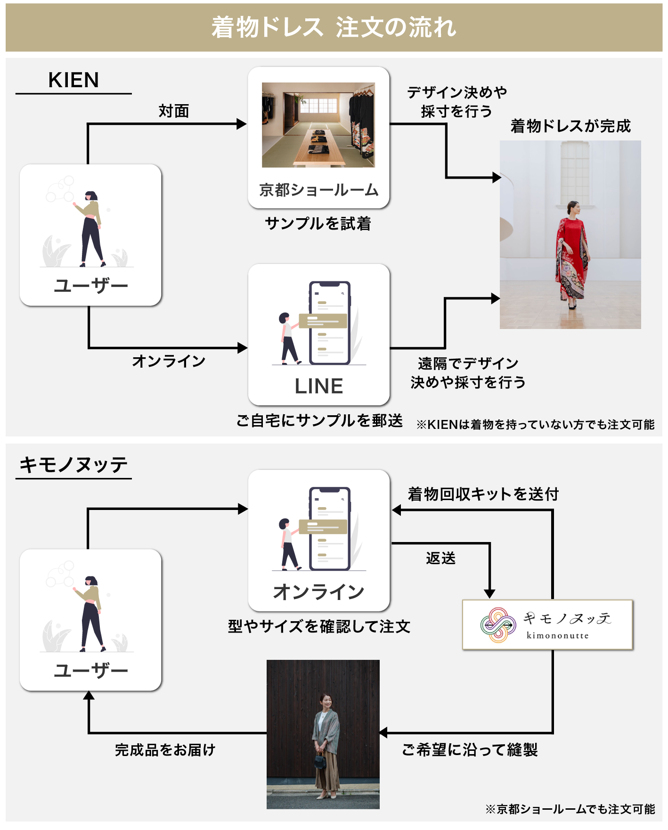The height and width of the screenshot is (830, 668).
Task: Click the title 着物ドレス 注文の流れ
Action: (x=334, y=27)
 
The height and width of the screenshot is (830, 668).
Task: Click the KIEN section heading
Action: (x=73, y=80)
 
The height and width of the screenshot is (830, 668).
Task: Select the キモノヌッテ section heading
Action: (x=73, y=465)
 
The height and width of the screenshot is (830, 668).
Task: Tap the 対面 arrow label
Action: (x=174, y=111)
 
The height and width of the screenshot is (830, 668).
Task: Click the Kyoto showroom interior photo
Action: (x=318, y=125)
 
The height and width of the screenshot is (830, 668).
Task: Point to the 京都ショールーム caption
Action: (x=318, y=190)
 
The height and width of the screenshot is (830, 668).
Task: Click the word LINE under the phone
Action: (x=319, y=386)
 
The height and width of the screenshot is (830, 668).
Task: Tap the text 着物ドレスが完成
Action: (x=570, y=126)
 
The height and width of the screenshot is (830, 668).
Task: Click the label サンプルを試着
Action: (x=318, y=223)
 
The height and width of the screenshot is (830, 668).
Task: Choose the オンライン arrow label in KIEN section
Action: (x=169, y=361)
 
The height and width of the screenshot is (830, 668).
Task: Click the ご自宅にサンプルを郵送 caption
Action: (x=319, y=420)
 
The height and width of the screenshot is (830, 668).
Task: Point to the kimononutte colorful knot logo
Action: (x=497, y=625)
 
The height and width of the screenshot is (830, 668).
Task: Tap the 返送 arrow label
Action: (x=440, y=559)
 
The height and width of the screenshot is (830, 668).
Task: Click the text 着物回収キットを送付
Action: (x=483, y=494)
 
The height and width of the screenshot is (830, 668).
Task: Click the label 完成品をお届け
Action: (x=165, y=750)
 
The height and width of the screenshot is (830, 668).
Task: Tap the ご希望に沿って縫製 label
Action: (x=470, y=750)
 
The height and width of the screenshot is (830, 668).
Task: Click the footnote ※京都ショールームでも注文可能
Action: (x=570, y=809)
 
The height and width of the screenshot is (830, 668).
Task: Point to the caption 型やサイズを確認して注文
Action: (x=319, y=626)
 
